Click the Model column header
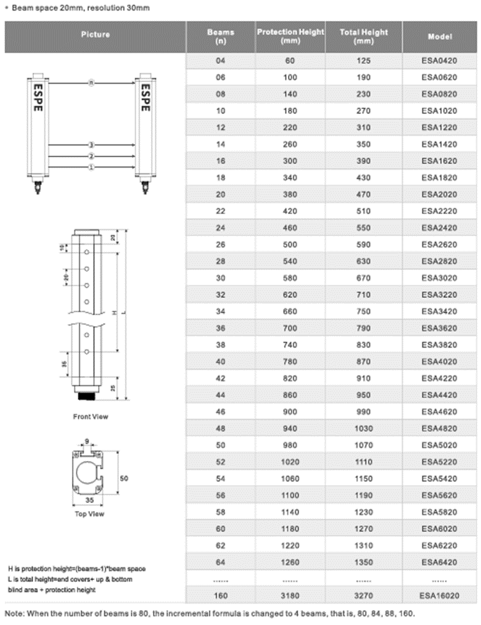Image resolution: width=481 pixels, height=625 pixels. pos(440,36)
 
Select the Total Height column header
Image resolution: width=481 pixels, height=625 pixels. pos(364,36)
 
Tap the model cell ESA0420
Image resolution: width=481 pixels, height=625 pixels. pos(439,61)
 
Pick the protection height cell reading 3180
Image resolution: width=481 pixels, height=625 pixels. pos(290,596)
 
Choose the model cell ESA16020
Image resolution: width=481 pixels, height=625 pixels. pos(439,596)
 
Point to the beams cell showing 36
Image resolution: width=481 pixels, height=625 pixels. pos(221,345)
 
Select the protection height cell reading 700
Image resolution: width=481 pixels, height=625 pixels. pos(290,345)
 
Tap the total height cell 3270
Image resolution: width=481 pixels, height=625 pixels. pos(364,596)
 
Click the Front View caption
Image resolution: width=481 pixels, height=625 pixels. pos(90,417)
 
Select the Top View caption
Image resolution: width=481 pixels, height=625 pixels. pos(89,513)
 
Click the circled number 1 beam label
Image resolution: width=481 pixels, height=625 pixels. pos(91,167)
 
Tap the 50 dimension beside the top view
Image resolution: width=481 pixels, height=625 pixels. pos(125,478)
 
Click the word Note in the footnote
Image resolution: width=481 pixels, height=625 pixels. pos(14,614)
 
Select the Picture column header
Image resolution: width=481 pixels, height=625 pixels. pos(96,35)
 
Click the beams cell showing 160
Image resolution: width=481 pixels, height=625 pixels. pos(221,596)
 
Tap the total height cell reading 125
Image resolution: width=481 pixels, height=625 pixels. pos(364,61)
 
